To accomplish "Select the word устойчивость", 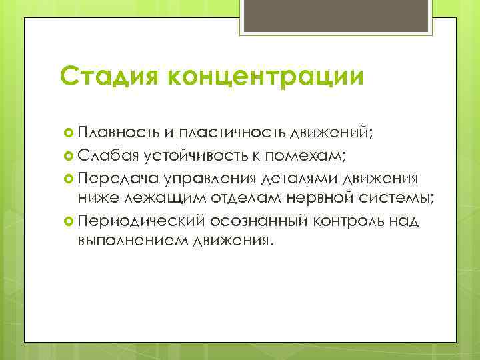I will point(196,156).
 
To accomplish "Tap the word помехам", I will point(303,156).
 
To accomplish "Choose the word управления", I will point(207,179).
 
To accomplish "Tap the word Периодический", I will point(141,220).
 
